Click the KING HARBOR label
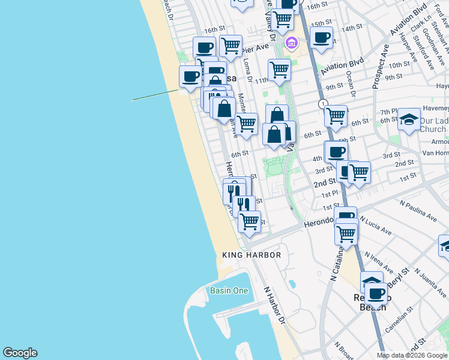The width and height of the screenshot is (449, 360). pyautogui.click(x=252, y=255)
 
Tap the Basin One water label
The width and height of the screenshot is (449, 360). pyautogui.click(x=229, y=290)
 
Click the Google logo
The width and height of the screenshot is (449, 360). pyautogui.click(x=20, y=353)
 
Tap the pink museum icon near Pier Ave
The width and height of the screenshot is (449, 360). pyautogui.click(x=292, y=43)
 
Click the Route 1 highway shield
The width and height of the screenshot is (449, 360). pyautogui.click(x=324, y=104)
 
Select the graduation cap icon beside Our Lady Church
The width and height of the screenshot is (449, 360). pyautogui.click(x=409, y=119)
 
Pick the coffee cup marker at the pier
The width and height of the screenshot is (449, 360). pyautogui.click(x=191, y=77)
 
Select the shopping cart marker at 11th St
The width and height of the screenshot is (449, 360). pyautogui.click(x=279, y=70)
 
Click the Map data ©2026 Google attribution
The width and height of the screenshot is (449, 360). pyautogui.click(x=412, y=355)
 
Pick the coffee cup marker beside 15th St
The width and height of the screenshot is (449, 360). pyautogui.click(x=322, y=37)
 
